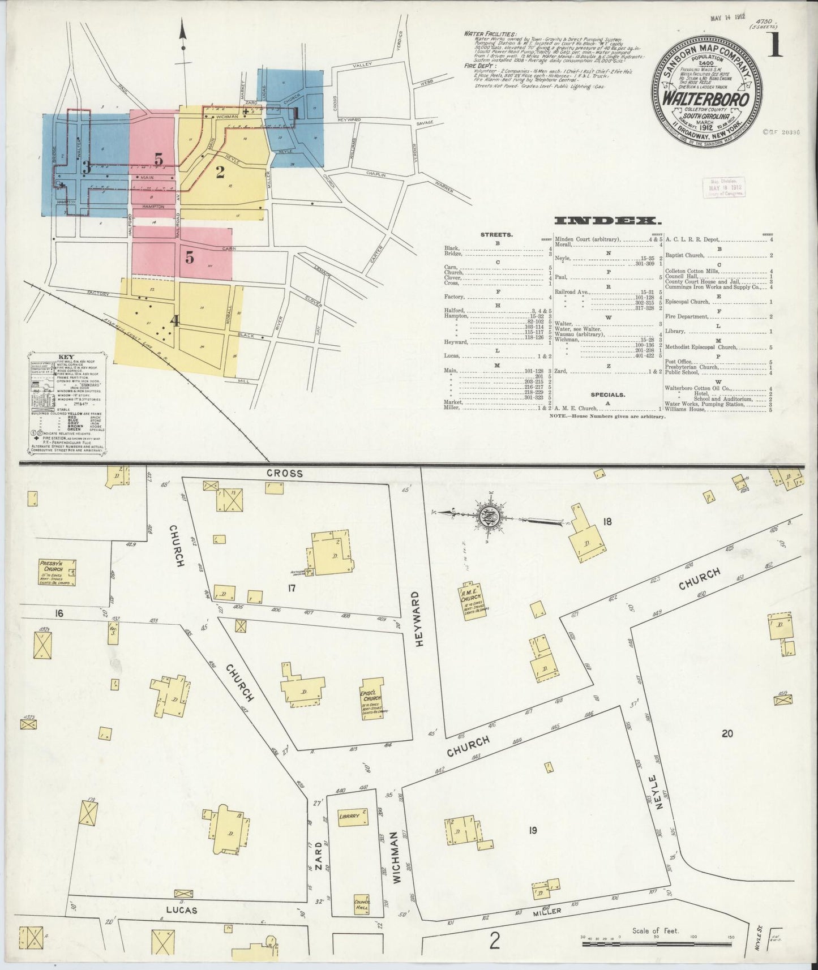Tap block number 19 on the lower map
point(532,831)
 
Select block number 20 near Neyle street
point(727,734)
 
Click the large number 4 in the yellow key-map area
point(175,321)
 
